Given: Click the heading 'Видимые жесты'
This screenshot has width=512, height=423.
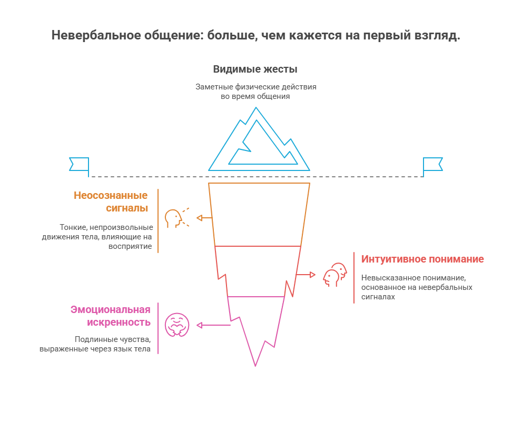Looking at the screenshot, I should click(x=255, y=69).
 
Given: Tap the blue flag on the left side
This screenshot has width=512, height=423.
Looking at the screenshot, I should click(x=79, y=164).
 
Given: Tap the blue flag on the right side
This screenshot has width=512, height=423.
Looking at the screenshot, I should click(x=433, y=164).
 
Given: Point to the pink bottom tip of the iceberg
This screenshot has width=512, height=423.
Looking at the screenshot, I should click(x=255, y=326).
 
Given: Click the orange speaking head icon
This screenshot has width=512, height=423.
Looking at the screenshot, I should click(x=175, y=218).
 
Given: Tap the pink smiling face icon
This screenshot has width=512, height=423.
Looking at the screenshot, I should click(x=177, y=325).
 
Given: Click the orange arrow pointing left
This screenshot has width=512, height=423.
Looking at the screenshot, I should click(x=204, y=218).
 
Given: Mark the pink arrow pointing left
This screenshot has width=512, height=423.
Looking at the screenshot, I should click(x=213, y=325).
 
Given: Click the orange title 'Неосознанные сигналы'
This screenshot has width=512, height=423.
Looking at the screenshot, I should click(x=112, y=202).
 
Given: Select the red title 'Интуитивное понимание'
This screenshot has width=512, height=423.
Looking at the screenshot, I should click(x=422, y=259).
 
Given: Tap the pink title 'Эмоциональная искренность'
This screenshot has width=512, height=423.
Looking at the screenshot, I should click(x=111, y=316).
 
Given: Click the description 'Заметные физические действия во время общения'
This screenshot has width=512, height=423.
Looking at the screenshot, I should click(x=256, y=92).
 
